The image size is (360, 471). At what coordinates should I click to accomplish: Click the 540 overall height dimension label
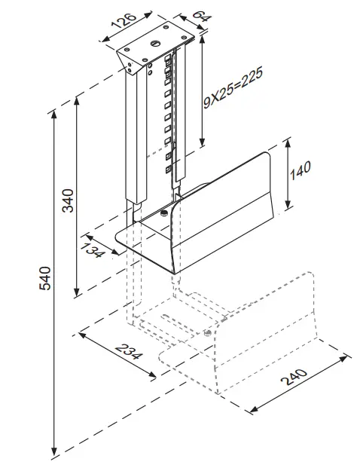point(44,280)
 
